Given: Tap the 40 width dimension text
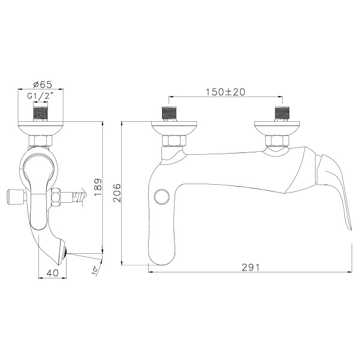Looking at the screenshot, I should coord(52,272).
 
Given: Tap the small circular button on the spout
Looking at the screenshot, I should coord(161,196).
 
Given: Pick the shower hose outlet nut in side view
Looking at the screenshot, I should coord(57,195).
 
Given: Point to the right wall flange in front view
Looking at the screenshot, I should coord(278,127).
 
